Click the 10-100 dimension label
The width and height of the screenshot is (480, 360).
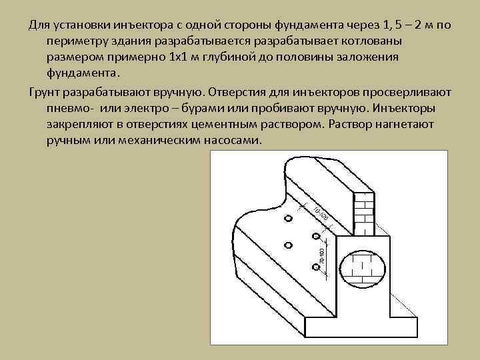tap(321, 213)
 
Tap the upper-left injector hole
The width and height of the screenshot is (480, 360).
tap(288, 219)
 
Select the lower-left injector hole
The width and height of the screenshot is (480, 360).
tap(288, 244)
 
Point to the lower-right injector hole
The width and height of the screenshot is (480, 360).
tap(315, 267)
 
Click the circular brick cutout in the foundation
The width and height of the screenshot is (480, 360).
tap(363, 265)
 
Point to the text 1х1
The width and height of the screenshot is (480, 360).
tap(179, 57)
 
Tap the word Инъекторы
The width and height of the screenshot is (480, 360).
tap(407, 108)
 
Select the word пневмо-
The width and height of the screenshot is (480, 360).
tap(70, 108)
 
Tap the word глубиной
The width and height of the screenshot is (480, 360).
tap(231, 57)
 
